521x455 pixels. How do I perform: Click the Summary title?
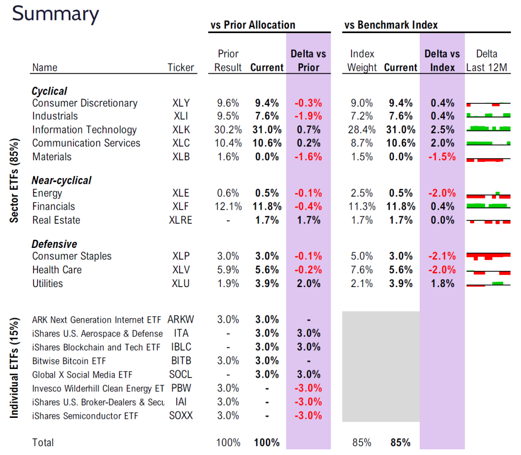click(55, 14)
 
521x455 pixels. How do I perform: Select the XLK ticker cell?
click(181, 130)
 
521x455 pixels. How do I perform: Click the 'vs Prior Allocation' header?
click(252, 25)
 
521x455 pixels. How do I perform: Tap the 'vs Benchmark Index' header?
click(391, 25)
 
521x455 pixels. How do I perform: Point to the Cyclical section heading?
click(49, 91)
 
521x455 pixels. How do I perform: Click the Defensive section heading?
click(54, 244)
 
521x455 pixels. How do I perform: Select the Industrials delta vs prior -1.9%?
click(308, 116)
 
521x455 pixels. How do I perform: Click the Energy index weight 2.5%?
click(362, 193)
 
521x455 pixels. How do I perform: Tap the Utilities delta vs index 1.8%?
click(442, 283)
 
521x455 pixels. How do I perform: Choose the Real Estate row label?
click(56, 220)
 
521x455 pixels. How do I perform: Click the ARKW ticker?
click(181, 320)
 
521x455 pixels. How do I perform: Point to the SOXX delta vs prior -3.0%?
click(308, 416)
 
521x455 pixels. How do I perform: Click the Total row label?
click(43, 443)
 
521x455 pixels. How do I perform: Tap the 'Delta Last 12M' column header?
click(487, 61)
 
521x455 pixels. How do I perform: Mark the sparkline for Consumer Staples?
click(488, 256)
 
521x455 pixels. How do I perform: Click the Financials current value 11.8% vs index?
click(400, 207)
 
